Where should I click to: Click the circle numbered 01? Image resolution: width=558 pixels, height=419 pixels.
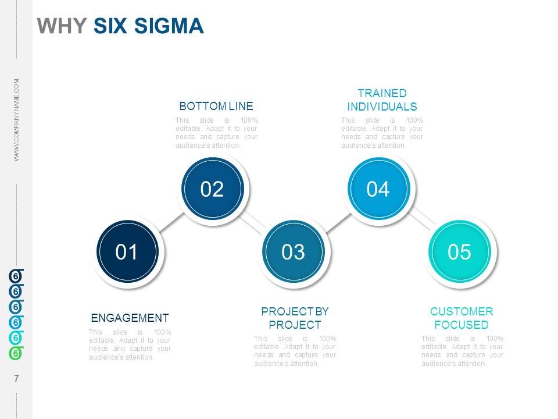pyautogui.click(x=127, y=251)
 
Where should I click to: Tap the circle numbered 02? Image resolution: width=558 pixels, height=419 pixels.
pyautogui.click(x=212, y=189)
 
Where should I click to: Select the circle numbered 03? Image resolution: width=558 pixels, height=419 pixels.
pyautogui.click(x=293, y=251)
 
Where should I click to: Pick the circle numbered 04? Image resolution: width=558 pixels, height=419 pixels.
pyautogui.click(x=378, y=189)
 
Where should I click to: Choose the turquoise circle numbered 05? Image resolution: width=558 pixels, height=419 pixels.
pyautogui.click(x=459, y=251)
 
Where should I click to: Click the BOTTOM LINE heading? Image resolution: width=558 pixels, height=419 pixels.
pyautogui.click(x=216, y=106)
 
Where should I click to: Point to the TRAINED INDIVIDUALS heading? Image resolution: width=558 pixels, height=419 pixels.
pyautogui.click(x=382, y=100)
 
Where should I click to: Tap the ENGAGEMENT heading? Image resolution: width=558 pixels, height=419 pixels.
pyautogui.click(x=130, y=318)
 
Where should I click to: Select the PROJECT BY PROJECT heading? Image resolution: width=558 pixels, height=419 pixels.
pyautogui.click(x=295, y=318)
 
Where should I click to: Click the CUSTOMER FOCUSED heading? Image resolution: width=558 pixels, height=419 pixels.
pyautogui.click(x=462, y=318)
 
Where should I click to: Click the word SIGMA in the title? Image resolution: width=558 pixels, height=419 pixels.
pyautogui.click(x=171, y=26)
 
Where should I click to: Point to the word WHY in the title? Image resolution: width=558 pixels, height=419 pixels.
pyautogui.click(x=62, y=26)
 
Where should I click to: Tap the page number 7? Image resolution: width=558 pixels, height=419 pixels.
pyautogui.click(x=16, y=379)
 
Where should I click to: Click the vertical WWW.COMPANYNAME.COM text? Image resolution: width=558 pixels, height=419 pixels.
pyautogui.click(x=17, y=120)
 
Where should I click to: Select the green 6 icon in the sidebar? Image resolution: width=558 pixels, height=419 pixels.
pyautogui.click(x=16, y=353)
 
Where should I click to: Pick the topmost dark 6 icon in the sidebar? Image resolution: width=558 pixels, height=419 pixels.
pyautogui.click(x=16, y=275)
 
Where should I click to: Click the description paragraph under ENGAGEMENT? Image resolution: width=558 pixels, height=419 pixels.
pyautogui.click(x=130, y=345)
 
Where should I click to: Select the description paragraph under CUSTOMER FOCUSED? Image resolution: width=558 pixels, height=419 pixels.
pyautogui.click(x=462, y=351)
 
